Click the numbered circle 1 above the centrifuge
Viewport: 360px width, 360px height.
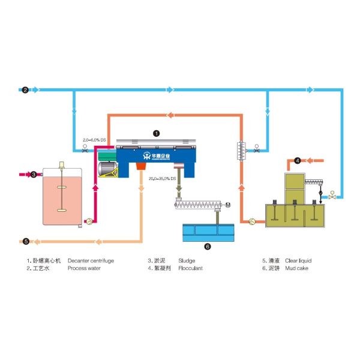[x=157, y=134]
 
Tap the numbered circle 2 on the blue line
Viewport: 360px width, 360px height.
[x=25, y=91]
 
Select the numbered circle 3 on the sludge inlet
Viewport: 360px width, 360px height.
[x=34, y=175]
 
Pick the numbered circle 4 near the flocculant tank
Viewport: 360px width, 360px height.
[x=298, y=160]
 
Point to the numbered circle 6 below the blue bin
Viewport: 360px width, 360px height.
[x=208, y=246]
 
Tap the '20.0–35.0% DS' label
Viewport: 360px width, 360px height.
[x=162, y=178]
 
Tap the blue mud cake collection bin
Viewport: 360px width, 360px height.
[x=208, y=231]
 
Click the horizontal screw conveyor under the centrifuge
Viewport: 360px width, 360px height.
[x=199, y=206]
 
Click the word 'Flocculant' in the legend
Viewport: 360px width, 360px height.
[x=191, y=268]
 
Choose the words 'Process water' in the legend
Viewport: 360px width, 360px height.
[x=83, y=268]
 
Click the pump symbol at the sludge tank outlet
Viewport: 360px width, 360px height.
[x=89, y=221]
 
